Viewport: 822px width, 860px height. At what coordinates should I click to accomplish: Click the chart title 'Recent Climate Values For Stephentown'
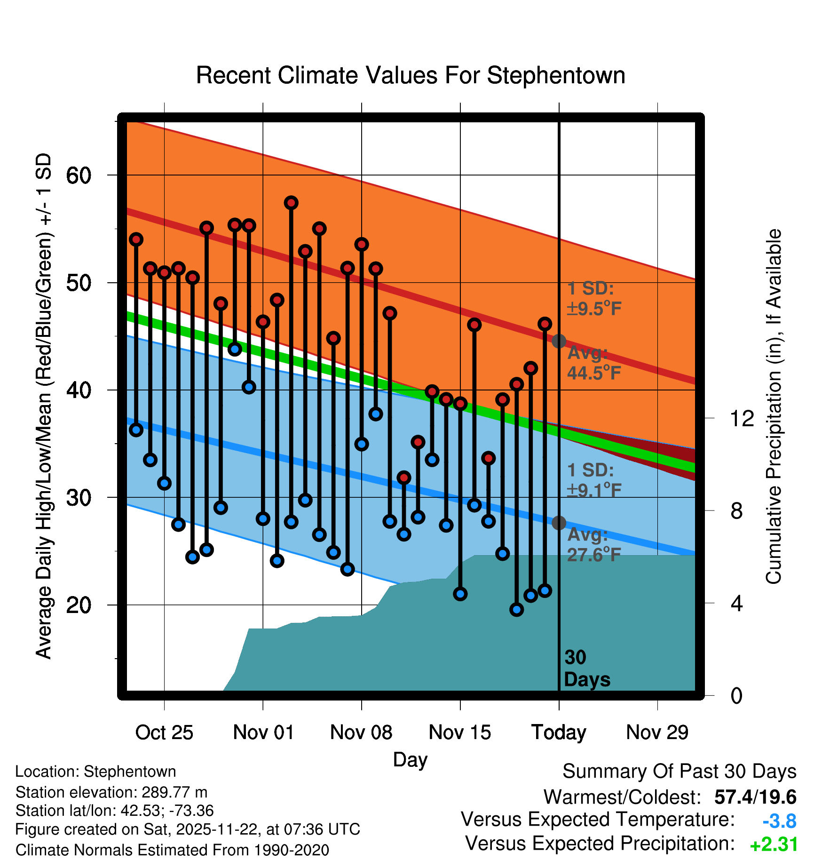[x=411, y=75]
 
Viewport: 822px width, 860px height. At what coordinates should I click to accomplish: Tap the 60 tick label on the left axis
[x=79, y=175]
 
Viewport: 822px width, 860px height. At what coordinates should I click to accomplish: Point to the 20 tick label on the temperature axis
[x=79, y=605]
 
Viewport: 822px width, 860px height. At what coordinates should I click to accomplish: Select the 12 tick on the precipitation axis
[x=742, y=418]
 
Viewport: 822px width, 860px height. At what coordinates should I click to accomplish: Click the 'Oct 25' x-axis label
[x=164, y=733]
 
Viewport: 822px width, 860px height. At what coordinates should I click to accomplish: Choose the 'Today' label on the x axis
[x=559, y=733]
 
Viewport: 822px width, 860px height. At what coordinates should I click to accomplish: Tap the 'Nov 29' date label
[x=657, y=733]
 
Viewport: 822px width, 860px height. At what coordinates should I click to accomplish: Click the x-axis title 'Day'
[x=410, y=760]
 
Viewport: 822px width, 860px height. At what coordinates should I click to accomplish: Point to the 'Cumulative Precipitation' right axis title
[x=774, y=406]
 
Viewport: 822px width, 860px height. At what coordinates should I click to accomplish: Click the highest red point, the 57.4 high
[x=291, y=203]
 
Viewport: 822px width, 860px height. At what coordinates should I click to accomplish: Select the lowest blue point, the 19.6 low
[x=516, y=610]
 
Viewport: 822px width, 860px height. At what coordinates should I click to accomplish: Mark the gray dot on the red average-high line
[x=559, y=341]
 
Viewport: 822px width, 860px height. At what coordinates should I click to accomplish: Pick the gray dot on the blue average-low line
[x=559, y=523]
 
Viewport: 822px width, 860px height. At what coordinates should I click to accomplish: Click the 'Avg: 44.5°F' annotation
[x=594, y=363]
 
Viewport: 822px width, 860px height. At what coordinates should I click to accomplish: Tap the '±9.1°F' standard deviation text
[x=594, y=490]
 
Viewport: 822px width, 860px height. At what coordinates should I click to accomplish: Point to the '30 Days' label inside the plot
[x=586, y=669]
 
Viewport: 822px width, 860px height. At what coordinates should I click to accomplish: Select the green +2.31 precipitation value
[x=774, y=844]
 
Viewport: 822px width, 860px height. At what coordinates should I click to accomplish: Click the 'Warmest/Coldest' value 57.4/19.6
[x=755, y=797]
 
